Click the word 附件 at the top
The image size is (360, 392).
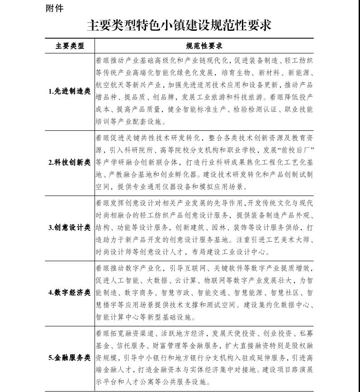(x=55, y=8)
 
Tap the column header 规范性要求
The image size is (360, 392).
(x=204, y=46)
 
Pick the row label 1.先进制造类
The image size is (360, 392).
(x=69, y=91)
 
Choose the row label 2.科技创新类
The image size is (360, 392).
(x=69, y=162)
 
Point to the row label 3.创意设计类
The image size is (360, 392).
(x=69, y=227)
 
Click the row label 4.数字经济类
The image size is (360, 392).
(x=69, y=292)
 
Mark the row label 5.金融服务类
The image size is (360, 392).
(x=69, y=357)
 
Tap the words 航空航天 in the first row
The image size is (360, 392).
(x=109, y=85)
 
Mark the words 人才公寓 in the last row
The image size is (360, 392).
(x=153, y=382)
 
